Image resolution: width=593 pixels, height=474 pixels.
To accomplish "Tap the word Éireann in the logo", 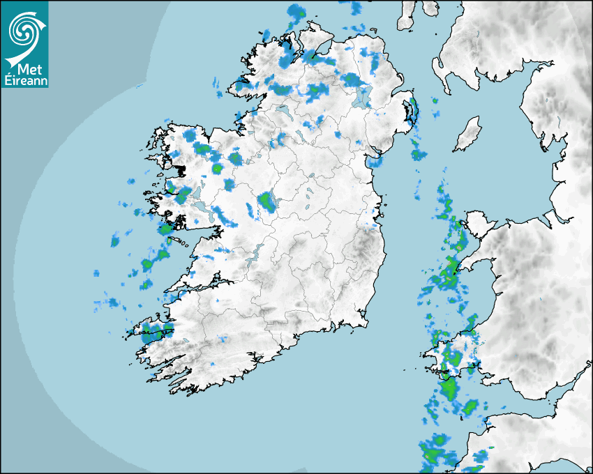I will tap(25, 80).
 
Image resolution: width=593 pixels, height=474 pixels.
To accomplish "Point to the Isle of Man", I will tap(468, 134).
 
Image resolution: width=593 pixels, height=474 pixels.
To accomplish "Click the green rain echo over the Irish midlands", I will tap(267, 202).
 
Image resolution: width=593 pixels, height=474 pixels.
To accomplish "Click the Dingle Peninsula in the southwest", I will tap(151, 330).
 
